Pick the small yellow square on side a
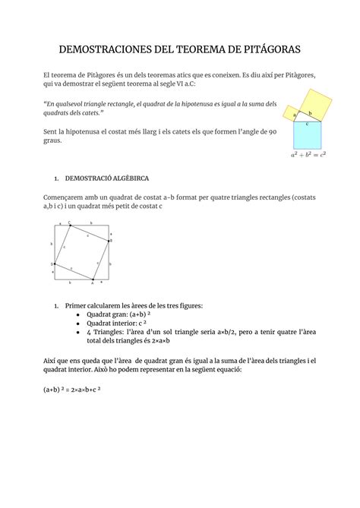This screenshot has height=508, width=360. (x=293, y=111)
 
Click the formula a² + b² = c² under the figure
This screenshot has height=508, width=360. (x=308, y=156)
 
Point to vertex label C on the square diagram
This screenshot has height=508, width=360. (x=70, y=222)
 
